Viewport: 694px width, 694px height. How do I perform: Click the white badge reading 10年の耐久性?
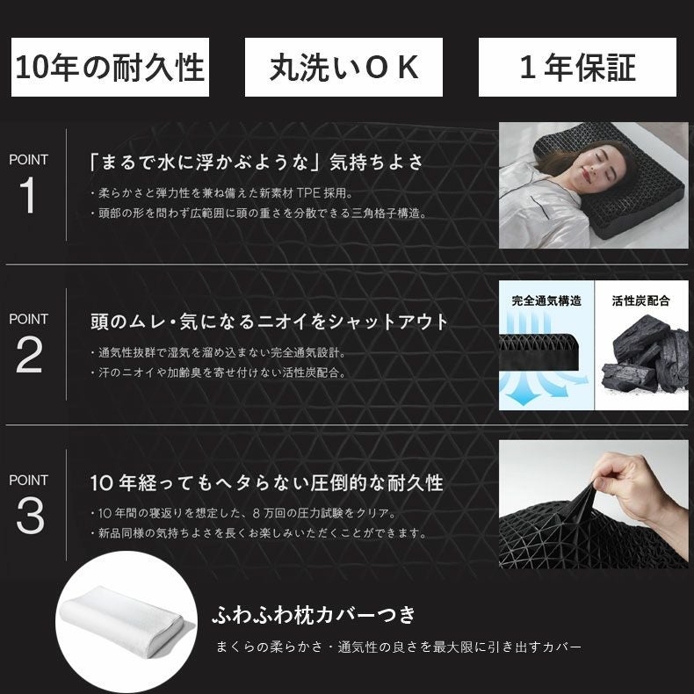pos(110,68)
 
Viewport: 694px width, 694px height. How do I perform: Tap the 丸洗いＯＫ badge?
pos(344,68)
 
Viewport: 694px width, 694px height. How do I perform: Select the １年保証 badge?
pos(577,68)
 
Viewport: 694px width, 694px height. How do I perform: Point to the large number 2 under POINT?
pos(29,356)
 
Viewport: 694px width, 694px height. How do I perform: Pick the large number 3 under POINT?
pos(29,517)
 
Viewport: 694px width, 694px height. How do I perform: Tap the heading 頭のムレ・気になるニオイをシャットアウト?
pos(269,322)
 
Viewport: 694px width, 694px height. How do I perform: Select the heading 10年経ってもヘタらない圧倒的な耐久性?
pos(266,483)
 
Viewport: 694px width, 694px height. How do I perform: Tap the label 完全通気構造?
pos(546,300)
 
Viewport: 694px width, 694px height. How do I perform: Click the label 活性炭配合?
pos(640,300)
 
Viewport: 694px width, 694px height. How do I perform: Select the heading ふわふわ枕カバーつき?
pos(314,613)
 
